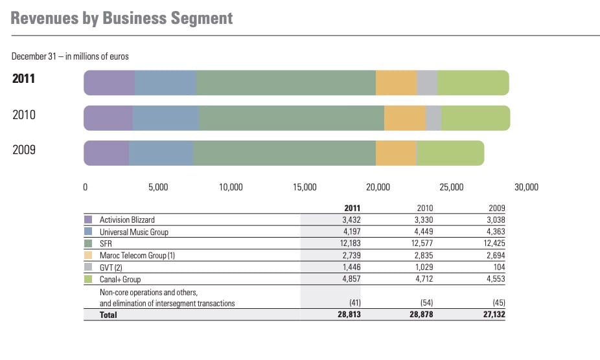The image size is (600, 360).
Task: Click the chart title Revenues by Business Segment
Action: (x=122, y=17)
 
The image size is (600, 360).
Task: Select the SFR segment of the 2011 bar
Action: (x=286, y=83)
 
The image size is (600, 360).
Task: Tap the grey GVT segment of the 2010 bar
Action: (x=433, y=118)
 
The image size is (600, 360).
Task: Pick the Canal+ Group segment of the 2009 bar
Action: (x=450, y=153)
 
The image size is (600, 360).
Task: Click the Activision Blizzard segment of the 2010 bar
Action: (x=108, y=118)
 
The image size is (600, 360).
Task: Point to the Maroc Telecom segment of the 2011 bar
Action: (x=396, y=83)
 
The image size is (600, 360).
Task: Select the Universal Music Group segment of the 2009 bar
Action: (x=161, y=153)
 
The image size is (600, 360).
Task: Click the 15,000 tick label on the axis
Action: (x=305, y=188)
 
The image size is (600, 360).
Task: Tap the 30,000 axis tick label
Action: (x=525, y=188)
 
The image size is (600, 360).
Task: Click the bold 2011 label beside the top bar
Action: (x=23, y=79)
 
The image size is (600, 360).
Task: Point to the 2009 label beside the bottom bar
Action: (x=23, y=150)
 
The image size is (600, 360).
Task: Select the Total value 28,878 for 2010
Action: (x=421, y=315)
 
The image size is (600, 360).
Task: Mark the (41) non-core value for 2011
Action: (x=354, y=303)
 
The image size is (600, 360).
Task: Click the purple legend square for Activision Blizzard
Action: (x=89, y=219)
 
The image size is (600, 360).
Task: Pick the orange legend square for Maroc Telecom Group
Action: (x=89, y=255)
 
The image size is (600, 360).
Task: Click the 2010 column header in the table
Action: (x=425, y=208)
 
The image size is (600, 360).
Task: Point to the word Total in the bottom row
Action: (x=108, y=315)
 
